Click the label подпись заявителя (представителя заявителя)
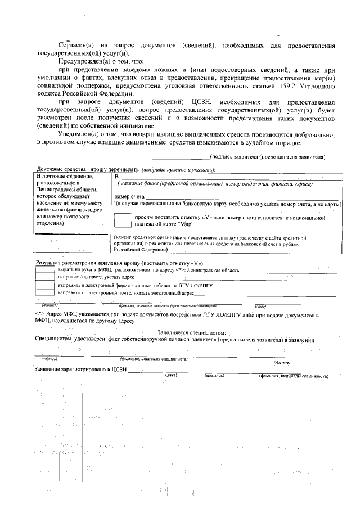tap(267, 157)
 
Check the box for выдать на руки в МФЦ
tap(45, 271)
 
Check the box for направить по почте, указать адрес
tap(45, 278)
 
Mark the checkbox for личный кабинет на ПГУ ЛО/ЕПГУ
tap(45, 286)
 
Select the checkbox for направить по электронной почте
tap(45, 293)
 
